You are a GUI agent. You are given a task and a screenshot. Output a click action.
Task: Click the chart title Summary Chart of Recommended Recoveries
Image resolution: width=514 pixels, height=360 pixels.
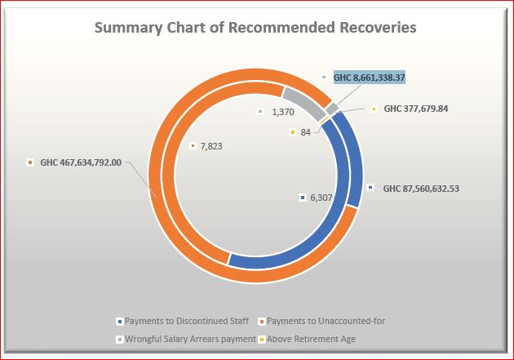pos(255,28)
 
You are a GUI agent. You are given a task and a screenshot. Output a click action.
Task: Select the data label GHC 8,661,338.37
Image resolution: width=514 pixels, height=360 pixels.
pos(370,78)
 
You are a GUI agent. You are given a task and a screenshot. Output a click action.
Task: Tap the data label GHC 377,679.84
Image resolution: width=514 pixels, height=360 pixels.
pos(415,109)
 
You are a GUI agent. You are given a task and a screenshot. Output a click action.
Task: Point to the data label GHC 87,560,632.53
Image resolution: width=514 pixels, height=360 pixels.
pos(421,189)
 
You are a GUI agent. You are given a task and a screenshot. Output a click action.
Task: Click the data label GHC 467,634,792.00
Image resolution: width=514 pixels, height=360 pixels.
pos(81,162)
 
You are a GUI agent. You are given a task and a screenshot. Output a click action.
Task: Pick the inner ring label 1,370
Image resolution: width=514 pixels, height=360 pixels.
pos(283,112)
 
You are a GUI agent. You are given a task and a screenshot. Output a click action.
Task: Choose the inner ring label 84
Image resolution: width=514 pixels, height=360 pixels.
pos(305,132)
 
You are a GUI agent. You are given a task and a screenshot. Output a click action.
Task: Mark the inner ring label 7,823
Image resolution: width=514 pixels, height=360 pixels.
pos(211,146)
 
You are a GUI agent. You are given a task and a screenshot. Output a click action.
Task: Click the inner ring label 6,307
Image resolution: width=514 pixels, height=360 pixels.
pos(321,198)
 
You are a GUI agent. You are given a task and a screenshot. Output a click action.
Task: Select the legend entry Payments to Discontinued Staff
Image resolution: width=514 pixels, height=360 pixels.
pos(187,321)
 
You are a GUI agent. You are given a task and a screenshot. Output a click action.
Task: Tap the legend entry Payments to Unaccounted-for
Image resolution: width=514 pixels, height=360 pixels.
pos(326,321)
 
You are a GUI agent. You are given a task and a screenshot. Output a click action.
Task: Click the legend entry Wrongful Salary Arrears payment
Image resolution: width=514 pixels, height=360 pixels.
pos(190,339)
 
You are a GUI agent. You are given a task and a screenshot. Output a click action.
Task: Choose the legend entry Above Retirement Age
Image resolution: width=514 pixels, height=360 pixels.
pos(311,339)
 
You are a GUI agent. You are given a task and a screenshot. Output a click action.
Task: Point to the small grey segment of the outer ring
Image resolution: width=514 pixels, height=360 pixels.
pos(332,109)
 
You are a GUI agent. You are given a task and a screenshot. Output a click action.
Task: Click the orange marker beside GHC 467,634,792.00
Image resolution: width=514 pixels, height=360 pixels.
pos(30,162)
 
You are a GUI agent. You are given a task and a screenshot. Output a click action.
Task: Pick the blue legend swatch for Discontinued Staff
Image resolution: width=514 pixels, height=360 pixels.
pos(120,322)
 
